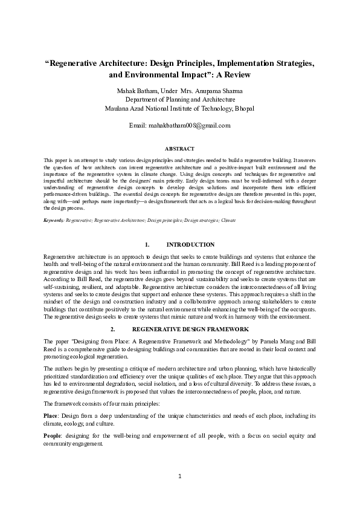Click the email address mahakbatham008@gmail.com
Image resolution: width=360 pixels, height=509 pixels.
click(189, 126)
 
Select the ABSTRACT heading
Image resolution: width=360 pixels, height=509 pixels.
click(179, 148)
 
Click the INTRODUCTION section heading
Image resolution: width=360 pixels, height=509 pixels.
click(190, 245)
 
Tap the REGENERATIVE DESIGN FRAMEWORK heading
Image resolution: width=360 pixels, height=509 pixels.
click(190, 329)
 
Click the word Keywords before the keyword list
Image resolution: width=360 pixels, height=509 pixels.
click(53, 220)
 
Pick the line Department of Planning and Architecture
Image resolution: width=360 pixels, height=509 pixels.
click(180, 100)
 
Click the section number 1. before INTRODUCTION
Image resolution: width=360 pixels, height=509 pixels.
click(147, 245)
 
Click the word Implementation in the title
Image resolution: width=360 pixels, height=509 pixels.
click(231, 63)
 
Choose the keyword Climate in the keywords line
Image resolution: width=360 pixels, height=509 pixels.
click(228, 220)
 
